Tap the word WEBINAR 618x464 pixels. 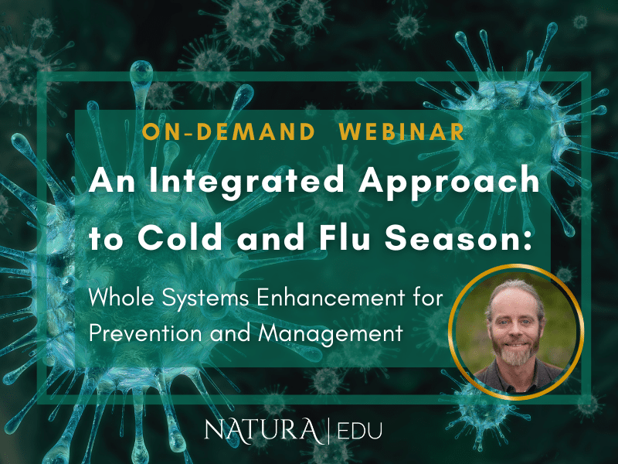pos(402,132)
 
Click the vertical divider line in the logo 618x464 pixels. pos(330,431)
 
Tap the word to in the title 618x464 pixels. pos(104,238)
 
